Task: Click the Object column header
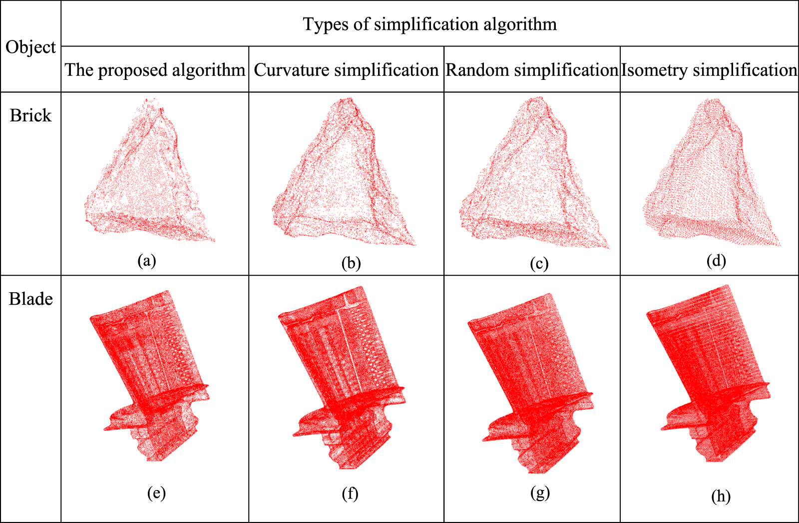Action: [30, 47]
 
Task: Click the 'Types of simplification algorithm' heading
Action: [429, 24]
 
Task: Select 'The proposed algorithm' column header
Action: [155, 70]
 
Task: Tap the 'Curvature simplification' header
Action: [346, 70]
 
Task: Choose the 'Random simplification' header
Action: [532, 70]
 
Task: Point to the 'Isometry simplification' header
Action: [709, 70]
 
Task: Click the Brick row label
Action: [30, 115]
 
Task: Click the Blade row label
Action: [30, 299]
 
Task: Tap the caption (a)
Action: [147, 260]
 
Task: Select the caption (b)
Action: [351, 263]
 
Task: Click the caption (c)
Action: [539, 263]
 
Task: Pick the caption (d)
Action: [716, 260]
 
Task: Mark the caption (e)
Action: [156, 493]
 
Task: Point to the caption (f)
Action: [350, 494]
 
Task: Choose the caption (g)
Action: [540, 493]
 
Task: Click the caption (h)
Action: [721, 496]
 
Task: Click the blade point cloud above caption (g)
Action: [529, 380]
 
